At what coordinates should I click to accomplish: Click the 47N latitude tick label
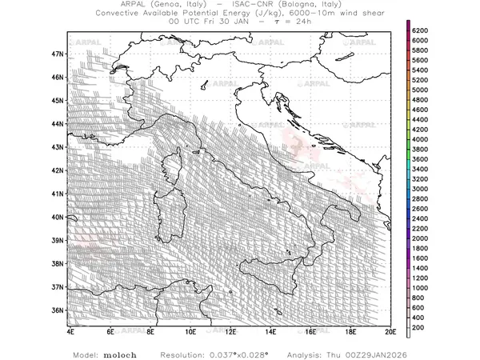coord(57,54)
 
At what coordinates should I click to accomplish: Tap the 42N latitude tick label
coord(57,170)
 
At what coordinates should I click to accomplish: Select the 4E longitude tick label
coord(70,330)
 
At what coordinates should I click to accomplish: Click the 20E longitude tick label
coord(390,330)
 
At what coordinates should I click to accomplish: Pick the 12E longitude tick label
coord(230,330)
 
